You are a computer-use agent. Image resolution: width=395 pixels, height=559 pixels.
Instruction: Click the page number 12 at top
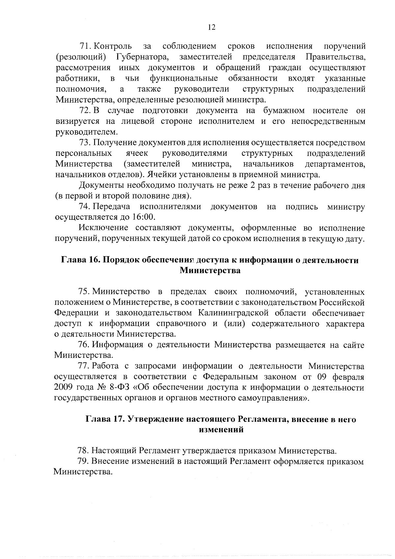pos(212,28)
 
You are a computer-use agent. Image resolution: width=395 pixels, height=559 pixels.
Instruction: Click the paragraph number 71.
pos(85,46)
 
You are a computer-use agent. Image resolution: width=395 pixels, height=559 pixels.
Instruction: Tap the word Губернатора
pos(143,57)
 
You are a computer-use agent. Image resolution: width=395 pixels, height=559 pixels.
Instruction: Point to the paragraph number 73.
pos(85,143)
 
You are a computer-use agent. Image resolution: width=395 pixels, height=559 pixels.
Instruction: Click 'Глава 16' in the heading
pos(81,260)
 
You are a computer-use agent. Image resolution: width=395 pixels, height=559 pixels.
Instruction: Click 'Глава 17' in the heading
pos(105,419)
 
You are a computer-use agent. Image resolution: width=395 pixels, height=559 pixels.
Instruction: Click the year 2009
pos(62,388)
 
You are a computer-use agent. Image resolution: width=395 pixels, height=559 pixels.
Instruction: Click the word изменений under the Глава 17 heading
pos(221,430)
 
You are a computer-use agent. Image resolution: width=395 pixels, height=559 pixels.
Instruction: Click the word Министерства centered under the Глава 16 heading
pos(210,271)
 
